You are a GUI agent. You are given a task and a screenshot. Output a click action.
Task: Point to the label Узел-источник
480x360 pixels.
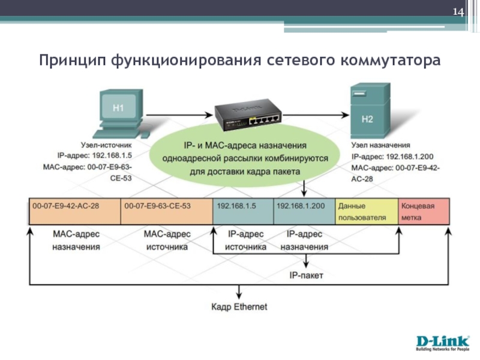[106, 145]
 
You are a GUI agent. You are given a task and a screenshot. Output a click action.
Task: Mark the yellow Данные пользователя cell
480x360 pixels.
[367, 211]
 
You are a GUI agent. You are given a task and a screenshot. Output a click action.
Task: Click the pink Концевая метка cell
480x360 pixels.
[424, 211]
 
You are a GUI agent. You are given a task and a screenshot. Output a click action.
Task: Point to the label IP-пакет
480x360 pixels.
[307, 276]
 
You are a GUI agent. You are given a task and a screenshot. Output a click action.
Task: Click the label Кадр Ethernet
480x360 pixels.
[239, 307]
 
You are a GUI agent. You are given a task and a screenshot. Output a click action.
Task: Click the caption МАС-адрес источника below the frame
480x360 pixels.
[166, 240]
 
